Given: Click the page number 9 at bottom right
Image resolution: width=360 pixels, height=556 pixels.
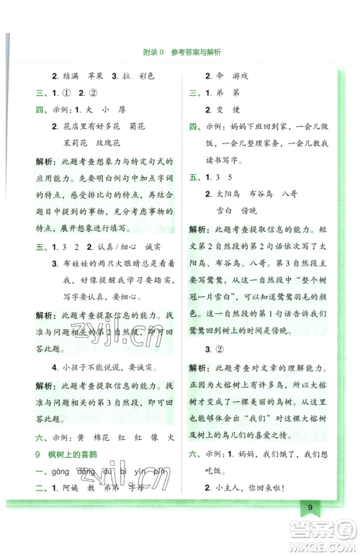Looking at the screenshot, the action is pyautogui.click(x=309, y=528).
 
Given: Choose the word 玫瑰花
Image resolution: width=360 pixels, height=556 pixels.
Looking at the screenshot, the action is pyautogui.click(x=112, y=142).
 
